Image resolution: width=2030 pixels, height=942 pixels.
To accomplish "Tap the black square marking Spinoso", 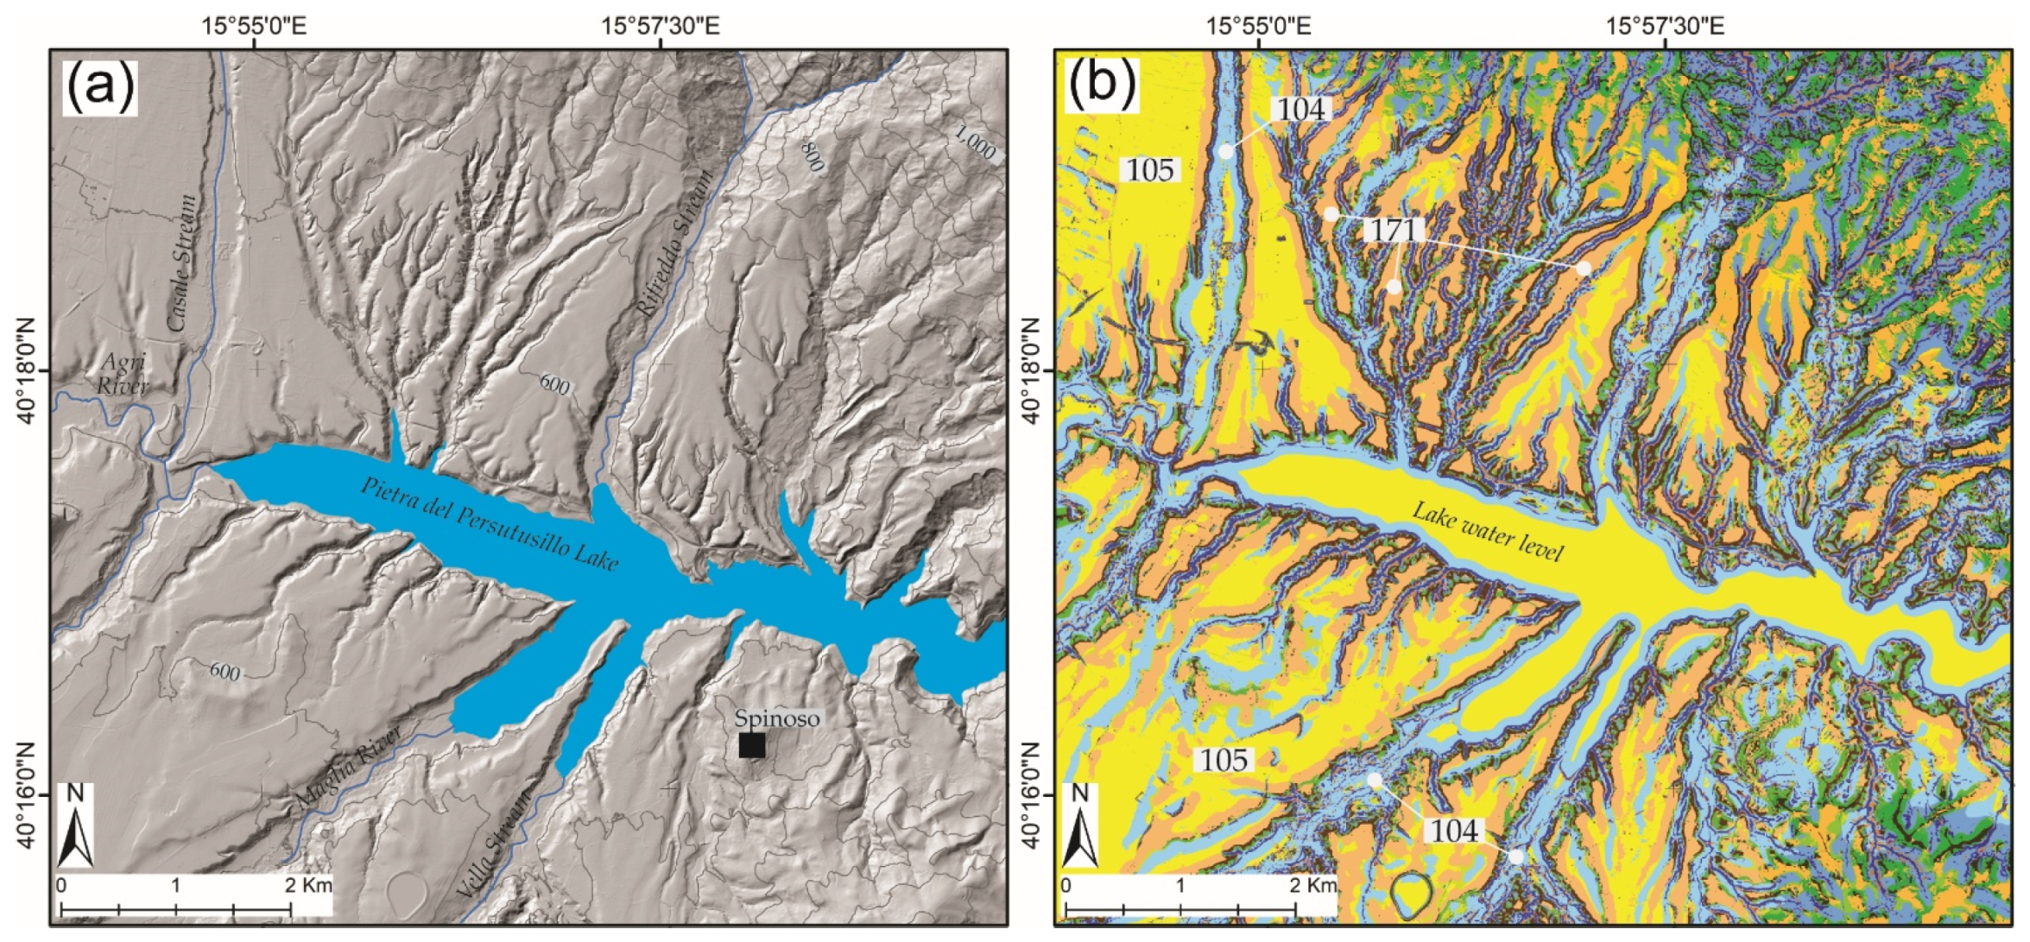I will point(751,745).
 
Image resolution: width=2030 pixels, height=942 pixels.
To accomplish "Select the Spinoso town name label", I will point(777,718).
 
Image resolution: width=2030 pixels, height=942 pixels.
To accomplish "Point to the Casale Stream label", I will point(181,263).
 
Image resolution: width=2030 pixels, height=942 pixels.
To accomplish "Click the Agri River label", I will point(123,374).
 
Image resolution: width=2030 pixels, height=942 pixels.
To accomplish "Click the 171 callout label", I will point(1394,230).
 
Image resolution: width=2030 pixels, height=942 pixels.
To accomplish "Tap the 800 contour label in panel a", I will point(812,155).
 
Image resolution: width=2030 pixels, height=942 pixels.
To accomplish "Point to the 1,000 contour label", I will point(976,142).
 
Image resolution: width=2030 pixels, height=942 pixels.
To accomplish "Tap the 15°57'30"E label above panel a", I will point(661,25).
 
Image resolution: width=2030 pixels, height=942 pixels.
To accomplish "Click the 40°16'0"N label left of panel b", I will point(1030,794).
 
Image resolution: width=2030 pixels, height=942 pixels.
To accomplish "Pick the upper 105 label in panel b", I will point(1150,170).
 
